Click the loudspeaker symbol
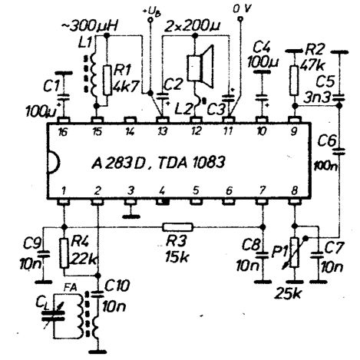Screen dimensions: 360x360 click(200, 67)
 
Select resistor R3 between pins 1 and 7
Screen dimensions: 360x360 click(178, 226)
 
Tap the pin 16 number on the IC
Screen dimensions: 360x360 click(63, 132)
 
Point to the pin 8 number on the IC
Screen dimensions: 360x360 click(294, 190)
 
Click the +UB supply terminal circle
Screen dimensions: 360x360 click(150, 19)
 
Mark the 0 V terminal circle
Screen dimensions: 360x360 click(239, 18)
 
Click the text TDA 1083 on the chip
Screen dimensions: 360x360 click(191, 163)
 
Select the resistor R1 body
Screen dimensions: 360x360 click(107, 81)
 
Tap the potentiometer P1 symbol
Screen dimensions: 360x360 click(295, 253)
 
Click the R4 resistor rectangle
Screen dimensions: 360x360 click(64, 253)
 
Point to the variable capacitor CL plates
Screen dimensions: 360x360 click(53, 317)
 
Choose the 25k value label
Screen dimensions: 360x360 click(288, 294)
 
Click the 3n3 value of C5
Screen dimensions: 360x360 click(317, 98)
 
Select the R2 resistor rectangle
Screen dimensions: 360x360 click(295, 81)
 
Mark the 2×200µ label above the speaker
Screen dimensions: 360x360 click(193, 26)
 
